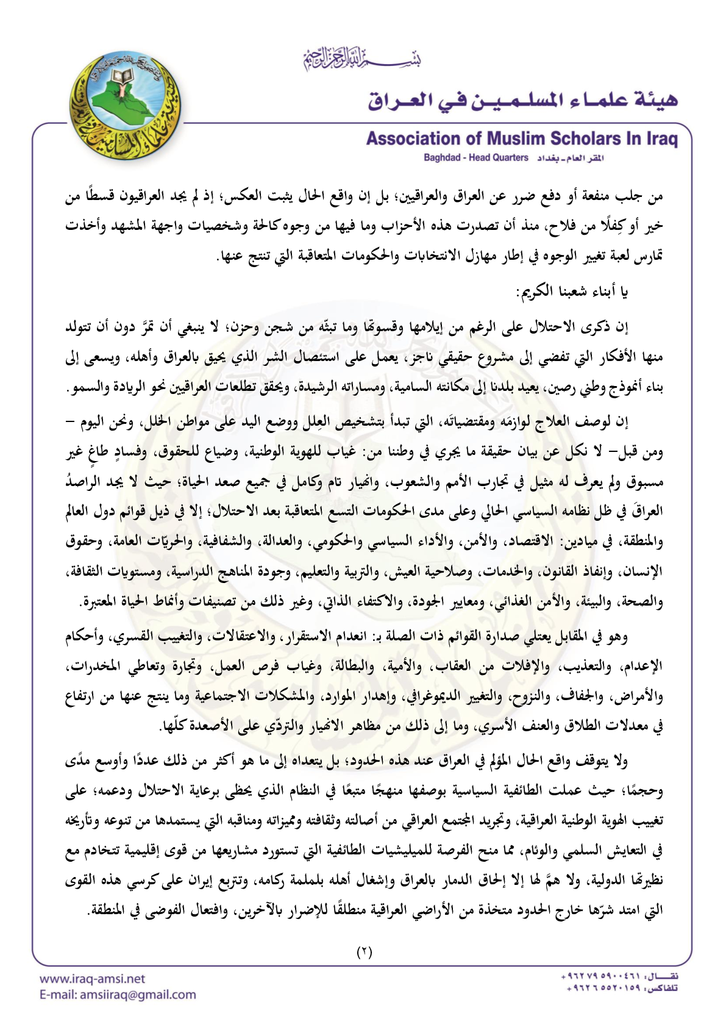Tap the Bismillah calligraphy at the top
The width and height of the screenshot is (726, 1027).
(x=362, y=59)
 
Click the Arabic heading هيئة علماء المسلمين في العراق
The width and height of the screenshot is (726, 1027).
(x=522, y=99)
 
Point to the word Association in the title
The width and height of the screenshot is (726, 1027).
(x=413, y=139)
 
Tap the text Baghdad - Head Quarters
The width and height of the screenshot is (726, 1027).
(x=476, y=158)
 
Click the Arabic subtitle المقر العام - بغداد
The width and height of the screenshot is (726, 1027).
(x=570, y=158)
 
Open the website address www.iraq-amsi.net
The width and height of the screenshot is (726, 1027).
(x=92, y=979)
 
